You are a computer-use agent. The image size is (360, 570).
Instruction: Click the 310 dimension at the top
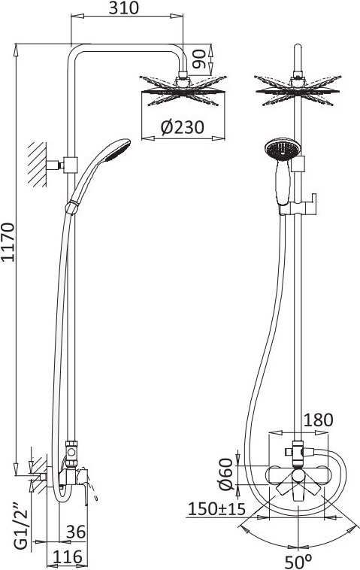124,8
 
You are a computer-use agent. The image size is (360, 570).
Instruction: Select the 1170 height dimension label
8,241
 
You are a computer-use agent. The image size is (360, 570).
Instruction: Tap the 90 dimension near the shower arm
199,59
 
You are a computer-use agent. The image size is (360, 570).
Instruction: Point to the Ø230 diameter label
183,127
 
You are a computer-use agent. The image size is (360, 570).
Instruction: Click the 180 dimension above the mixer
318,420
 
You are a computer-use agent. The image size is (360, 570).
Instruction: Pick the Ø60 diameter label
225,474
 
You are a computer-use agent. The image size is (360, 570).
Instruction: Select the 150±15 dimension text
216,508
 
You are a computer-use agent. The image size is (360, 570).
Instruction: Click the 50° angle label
298,562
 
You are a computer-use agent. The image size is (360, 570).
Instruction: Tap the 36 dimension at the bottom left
76,532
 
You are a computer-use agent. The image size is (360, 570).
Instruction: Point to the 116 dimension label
68,556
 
